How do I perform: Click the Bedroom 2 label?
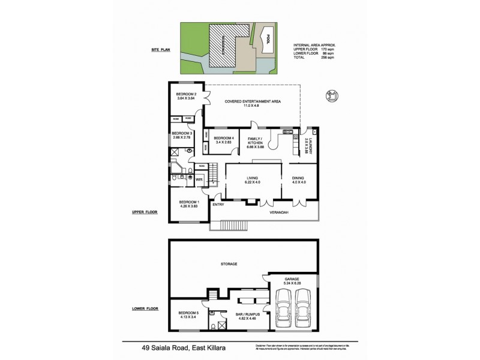click(x=186, y=94)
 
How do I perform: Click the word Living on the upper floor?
click(x=253, y=178)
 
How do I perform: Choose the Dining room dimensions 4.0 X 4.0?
click(x=299, y=183)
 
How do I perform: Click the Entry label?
click(x=218, y=205)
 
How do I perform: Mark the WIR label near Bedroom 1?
click(x=199, y=179)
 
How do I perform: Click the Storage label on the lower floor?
click(x=229, y=263)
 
